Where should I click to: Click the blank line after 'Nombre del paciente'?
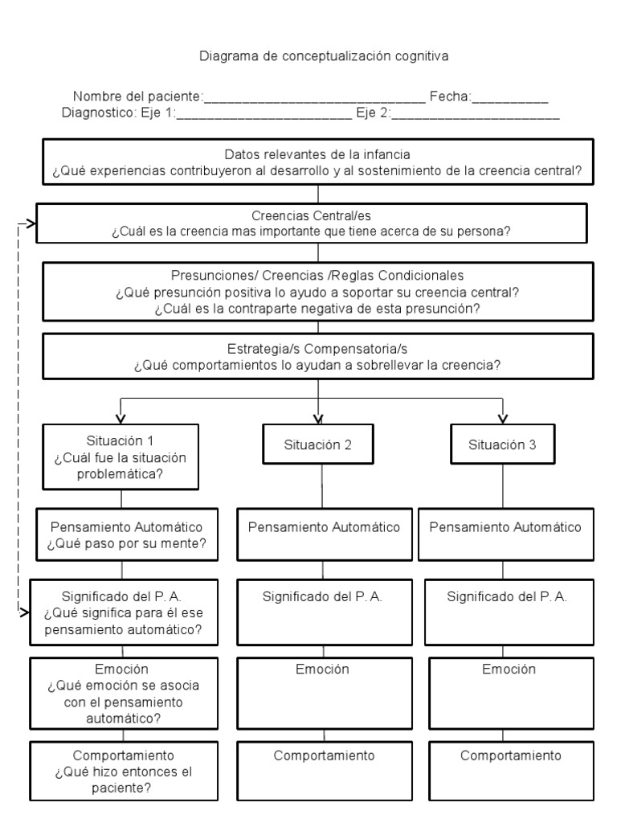(314, 100)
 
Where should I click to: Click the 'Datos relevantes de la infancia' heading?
(318, 154)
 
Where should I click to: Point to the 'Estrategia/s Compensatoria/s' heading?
(318, 350)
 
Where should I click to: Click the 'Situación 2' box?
(318, 444)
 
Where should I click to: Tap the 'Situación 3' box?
(503, 444)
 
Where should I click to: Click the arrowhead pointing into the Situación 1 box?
(121, 416)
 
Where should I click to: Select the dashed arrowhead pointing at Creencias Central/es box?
(31, 224)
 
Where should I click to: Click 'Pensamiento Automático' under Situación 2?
(324, 527)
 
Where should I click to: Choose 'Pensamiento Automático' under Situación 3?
(505, 527)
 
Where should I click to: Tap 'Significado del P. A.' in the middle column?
(322, 597)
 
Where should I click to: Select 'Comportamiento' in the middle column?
(324, 755)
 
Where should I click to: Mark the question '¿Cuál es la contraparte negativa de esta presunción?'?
(318, 309)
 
